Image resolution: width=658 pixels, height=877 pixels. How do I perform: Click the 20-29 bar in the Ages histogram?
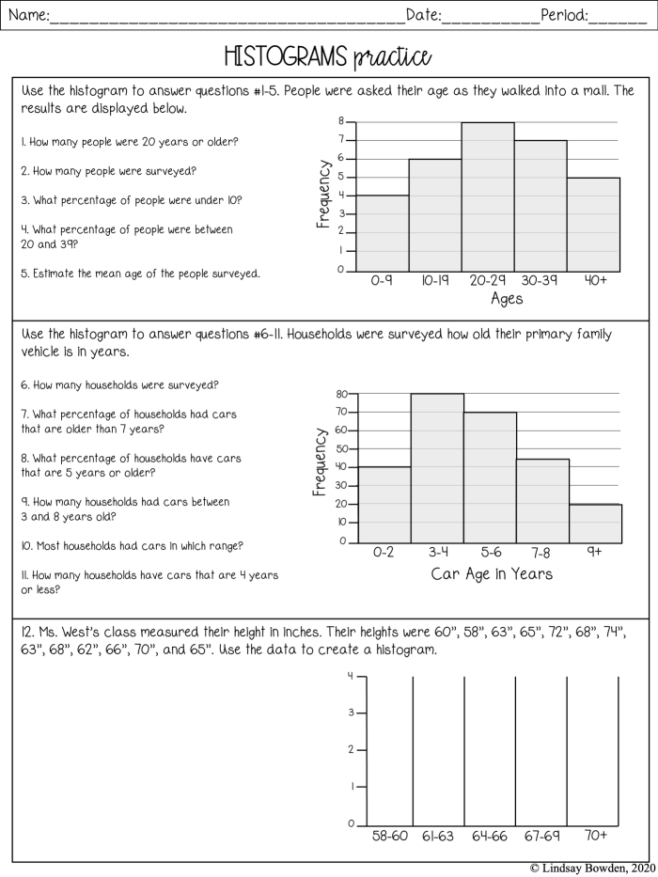pyautogui.click(x=487, y=197)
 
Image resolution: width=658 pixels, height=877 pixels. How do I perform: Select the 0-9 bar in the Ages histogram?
pyautogui.click(x=382, y=234)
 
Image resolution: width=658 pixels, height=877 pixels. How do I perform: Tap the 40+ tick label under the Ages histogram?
pyautogui.click(x=595, y=281)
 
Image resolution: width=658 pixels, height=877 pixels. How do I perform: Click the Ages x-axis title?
pyautogui.click(x=506, y=300)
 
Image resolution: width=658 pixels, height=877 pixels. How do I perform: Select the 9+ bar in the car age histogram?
pyautogui.click(x=595, y=524)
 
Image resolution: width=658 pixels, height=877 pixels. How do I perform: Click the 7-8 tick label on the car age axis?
pyautogui.click(x=542, y=553)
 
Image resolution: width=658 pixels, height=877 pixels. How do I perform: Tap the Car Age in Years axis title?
pyautogui.click(x=492, y=573)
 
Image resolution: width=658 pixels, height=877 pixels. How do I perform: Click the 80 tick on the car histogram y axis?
pyautogui.click(x=342, y=394)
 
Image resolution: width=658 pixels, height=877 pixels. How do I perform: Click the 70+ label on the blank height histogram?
pyautogui.click(x=594, y=835)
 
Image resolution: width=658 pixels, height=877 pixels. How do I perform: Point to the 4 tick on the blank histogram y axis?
pyautogui.click(x=351, y=676)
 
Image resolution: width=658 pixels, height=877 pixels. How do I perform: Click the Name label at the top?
pyautogui.click(x=27, y=14)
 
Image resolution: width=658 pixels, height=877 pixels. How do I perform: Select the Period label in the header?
pyautogui.click(x=565, y=14)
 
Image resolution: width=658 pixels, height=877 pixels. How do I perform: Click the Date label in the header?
pyautogui.click(x=424, y=14)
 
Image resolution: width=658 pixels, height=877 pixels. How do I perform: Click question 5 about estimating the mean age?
pyautogui.click(x=141, y=274)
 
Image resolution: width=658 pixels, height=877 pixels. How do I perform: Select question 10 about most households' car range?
pyautogui.click(x=133, y=545)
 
